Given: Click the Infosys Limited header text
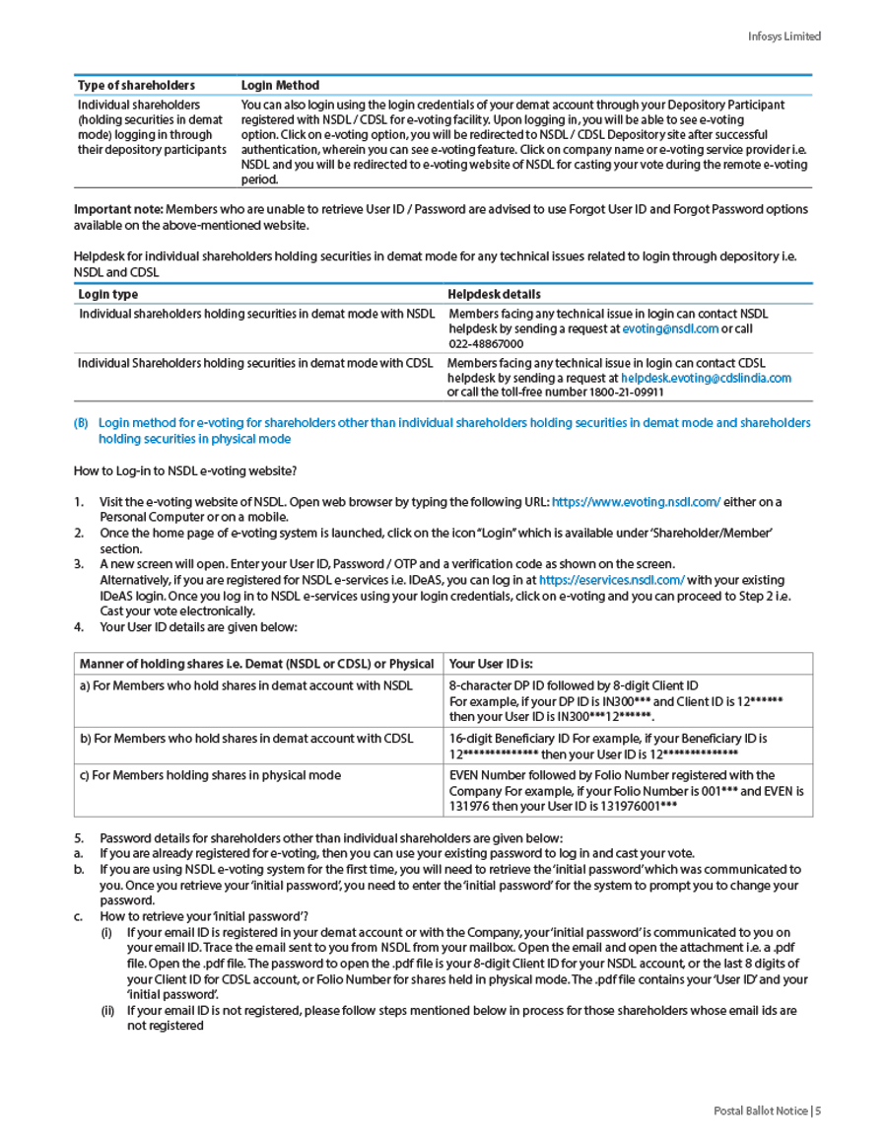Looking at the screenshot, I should pos(784,36).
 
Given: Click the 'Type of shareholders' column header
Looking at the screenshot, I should pos(136,86).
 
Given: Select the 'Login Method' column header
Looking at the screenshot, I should pos(280,86).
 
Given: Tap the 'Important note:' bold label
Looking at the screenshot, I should pos(118,209).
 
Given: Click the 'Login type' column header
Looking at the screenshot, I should pos(108,294).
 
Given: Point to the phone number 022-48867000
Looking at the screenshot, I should pos(486,344).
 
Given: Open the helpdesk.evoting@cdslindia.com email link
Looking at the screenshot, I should pos(706,378).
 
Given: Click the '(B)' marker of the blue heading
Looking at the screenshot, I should pos(82,423).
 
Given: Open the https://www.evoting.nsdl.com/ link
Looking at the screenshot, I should pos(636,502).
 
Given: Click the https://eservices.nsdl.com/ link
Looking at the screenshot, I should pos(611,580).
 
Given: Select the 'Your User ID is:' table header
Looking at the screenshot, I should pos(491,664).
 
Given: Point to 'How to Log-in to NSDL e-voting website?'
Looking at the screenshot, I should pos(185,470).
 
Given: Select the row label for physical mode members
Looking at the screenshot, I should pos(210,775).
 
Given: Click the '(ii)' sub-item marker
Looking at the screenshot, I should pos(108,1010).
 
